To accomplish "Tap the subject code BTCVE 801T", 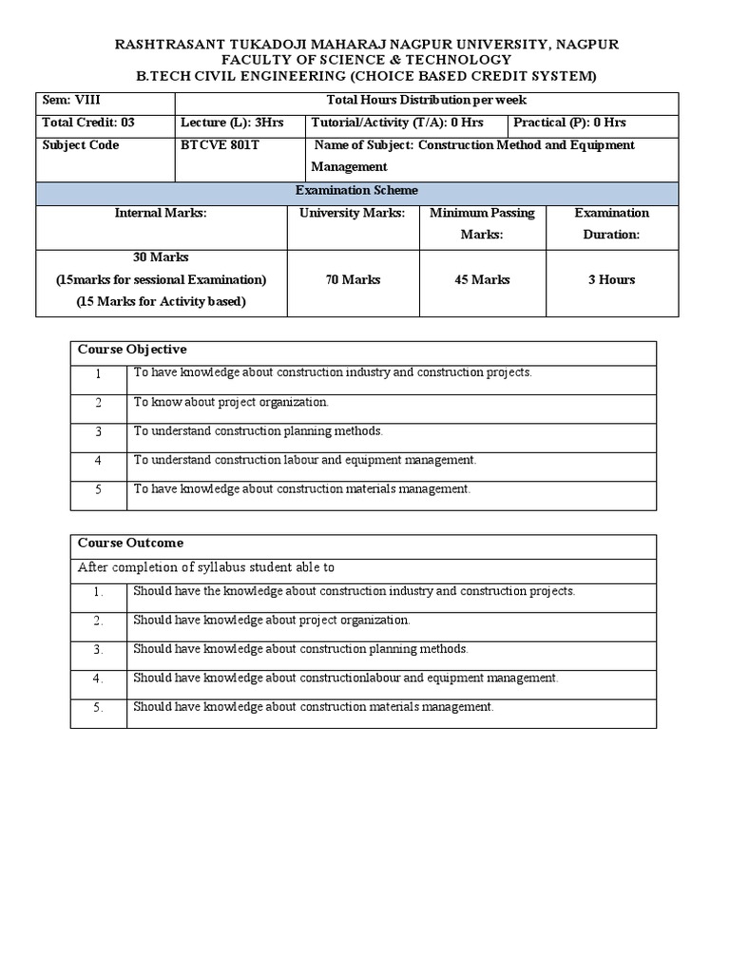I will coord(220,145).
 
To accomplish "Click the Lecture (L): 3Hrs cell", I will coord(224,123).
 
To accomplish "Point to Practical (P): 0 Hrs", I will coord(569,123).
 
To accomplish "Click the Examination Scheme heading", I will coord(356,191).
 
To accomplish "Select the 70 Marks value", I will coord(353,279).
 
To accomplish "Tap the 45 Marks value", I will coord(482,279).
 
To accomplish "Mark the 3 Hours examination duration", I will coord(611,279).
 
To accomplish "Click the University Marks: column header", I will coord(352,213).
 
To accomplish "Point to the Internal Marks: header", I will coord(161,213).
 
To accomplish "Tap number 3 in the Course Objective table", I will coord(98,432).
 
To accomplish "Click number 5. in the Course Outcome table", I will coord(98,708).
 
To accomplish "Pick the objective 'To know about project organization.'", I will coord(231,402).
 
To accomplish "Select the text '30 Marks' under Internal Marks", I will coord(161,258).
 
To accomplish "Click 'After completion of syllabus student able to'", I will coord(206,568).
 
